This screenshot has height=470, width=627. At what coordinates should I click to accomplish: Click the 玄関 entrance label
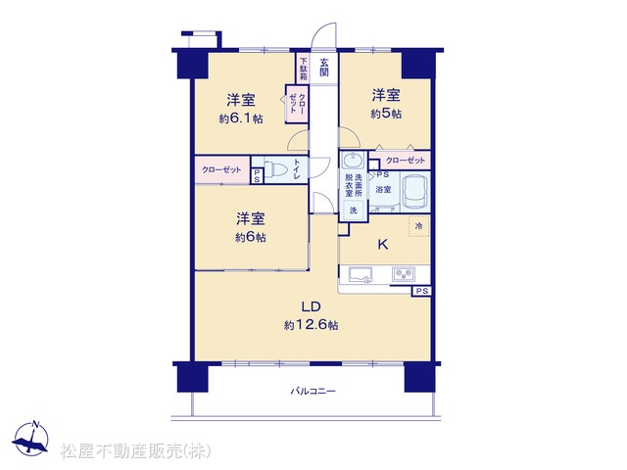(324, 68)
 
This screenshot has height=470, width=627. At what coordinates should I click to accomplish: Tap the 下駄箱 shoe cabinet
(304, 68)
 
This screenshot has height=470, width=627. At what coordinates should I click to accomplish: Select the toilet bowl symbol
(275, 169)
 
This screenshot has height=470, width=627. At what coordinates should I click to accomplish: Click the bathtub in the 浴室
(414, 193)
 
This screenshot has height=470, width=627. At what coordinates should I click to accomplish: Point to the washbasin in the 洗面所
(353, 161)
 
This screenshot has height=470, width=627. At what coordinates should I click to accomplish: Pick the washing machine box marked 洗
(354, 210)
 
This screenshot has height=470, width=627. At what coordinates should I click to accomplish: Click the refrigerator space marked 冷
(418, 226)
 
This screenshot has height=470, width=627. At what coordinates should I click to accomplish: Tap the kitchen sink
(361, 274)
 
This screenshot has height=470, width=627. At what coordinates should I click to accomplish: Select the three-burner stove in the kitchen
(404, 274)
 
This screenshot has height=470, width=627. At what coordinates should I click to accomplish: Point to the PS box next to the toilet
(257, 176)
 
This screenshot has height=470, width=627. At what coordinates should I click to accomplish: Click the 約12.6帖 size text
(312, 325)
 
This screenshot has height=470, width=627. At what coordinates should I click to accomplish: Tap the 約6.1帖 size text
(241, 118)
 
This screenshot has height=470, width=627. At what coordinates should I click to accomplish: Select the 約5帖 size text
(386, 114)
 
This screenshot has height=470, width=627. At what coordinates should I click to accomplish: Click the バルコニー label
(313, 391)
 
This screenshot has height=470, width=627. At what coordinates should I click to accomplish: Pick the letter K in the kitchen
(383, 244)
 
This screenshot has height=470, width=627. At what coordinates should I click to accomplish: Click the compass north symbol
(30, 439)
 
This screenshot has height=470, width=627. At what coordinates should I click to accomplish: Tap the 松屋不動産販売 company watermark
(135, 451)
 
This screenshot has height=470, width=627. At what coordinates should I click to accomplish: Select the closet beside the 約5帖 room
(400, 161)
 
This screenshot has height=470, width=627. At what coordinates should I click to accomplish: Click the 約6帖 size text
(251, 238)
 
